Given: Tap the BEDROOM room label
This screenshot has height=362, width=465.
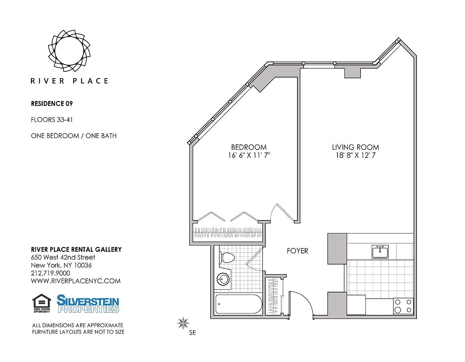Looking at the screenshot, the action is tap(249, 147).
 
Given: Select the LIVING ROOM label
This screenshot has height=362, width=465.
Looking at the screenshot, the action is tap(355, 147).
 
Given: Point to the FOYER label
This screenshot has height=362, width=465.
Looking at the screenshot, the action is tap(297, 251).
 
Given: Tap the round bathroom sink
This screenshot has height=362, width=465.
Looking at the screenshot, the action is tap(223, 279).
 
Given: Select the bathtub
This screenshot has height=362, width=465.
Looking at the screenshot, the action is tap(238, 304).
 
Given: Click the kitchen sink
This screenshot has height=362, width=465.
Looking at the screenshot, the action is tap(380, 252).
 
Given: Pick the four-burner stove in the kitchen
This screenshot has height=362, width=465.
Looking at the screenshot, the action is tap(403, 306).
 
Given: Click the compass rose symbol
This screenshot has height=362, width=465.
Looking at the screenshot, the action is tap(183, 323).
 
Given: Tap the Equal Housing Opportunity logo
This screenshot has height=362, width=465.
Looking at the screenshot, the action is tap(42, 303).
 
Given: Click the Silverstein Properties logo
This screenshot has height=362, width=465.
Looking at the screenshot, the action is tap(88, 304).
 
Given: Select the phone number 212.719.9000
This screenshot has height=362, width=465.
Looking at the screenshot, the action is tap(51, 273).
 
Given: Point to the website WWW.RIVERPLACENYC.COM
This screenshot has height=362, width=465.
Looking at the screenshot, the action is tap(76, 281).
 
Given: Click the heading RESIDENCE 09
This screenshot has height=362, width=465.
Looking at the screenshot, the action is tap(52, 104).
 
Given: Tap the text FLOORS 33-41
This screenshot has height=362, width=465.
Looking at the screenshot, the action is tap(52, 120).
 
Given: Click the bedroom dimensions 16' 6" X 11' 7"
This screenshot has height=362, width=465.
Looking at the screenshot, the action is tap(249, 155).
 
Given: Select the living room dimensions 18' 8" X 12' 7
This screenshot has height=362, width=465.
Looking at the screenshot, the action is tap(356, 155).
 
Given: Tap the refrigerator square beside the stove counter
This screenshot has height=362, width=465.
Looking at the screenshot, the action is tap(356, 305).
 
